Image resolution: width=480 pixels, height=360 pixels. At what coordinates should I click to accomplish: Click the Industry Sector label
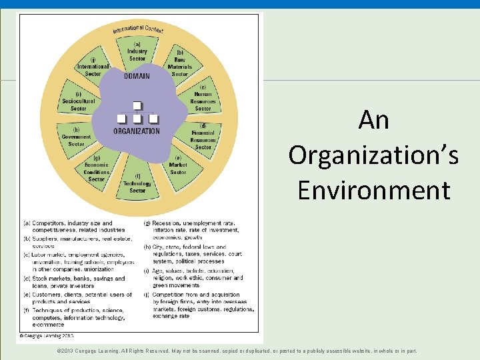click(x=137, y=52)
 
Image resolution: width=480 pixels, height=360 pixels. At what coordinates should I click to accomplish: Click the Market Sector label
click(x=178, y=168)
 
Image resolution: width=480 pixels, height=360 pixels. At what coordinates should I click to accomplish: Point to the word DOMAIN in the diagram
click(x=137, y=76)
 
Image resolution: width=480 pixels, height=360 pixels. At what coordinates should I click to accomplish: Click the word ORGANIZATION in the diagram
click(x=137, y=131)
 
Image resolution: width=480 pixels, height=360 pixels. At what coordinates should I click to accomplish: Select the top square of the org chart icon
click(x=137, y=105)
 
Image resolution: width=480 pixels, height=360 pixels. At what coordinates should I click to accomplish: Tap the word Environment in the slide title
click(x=373, y=190)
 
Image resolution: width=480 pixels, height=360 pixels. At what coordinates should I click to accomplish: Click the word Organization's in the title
click(x=373, y=155)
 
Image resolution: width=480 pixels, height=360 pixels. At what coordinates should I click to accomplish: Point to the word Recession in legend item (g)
click(x=167, y=223)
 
